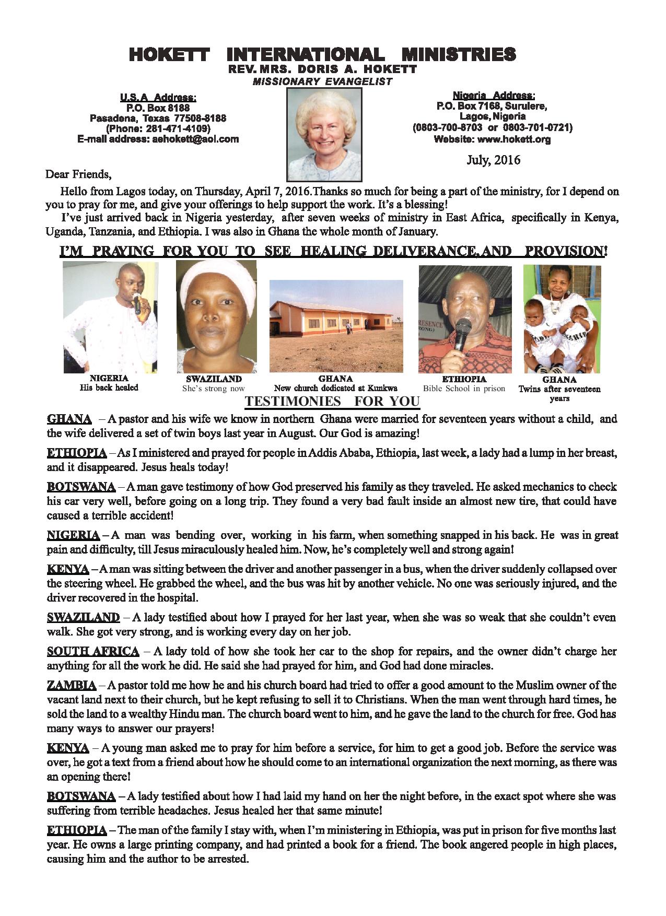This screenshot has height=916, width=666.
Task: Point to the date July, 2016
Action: [x=493, y=160]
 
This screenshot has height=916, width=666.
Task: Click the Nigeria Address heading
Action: [x=493, y=96]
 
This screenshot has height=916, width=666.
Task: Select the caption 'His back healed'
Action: [x=109, y=387]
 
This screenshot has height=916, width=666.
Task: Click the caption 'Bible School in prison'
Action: [x=464, y=388]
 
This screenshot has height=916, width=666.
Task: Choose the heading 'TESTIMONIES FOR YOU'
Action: [x=332, y=401]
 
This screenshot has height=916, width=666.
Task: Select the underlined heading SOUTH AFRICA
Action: [x=93, y=651]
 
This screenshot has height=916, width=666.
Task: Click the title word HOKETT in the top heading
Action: [x=169, y=54]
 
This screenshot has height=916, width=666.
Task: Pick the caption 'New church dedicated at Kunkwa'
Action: [x=336, y=388]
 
